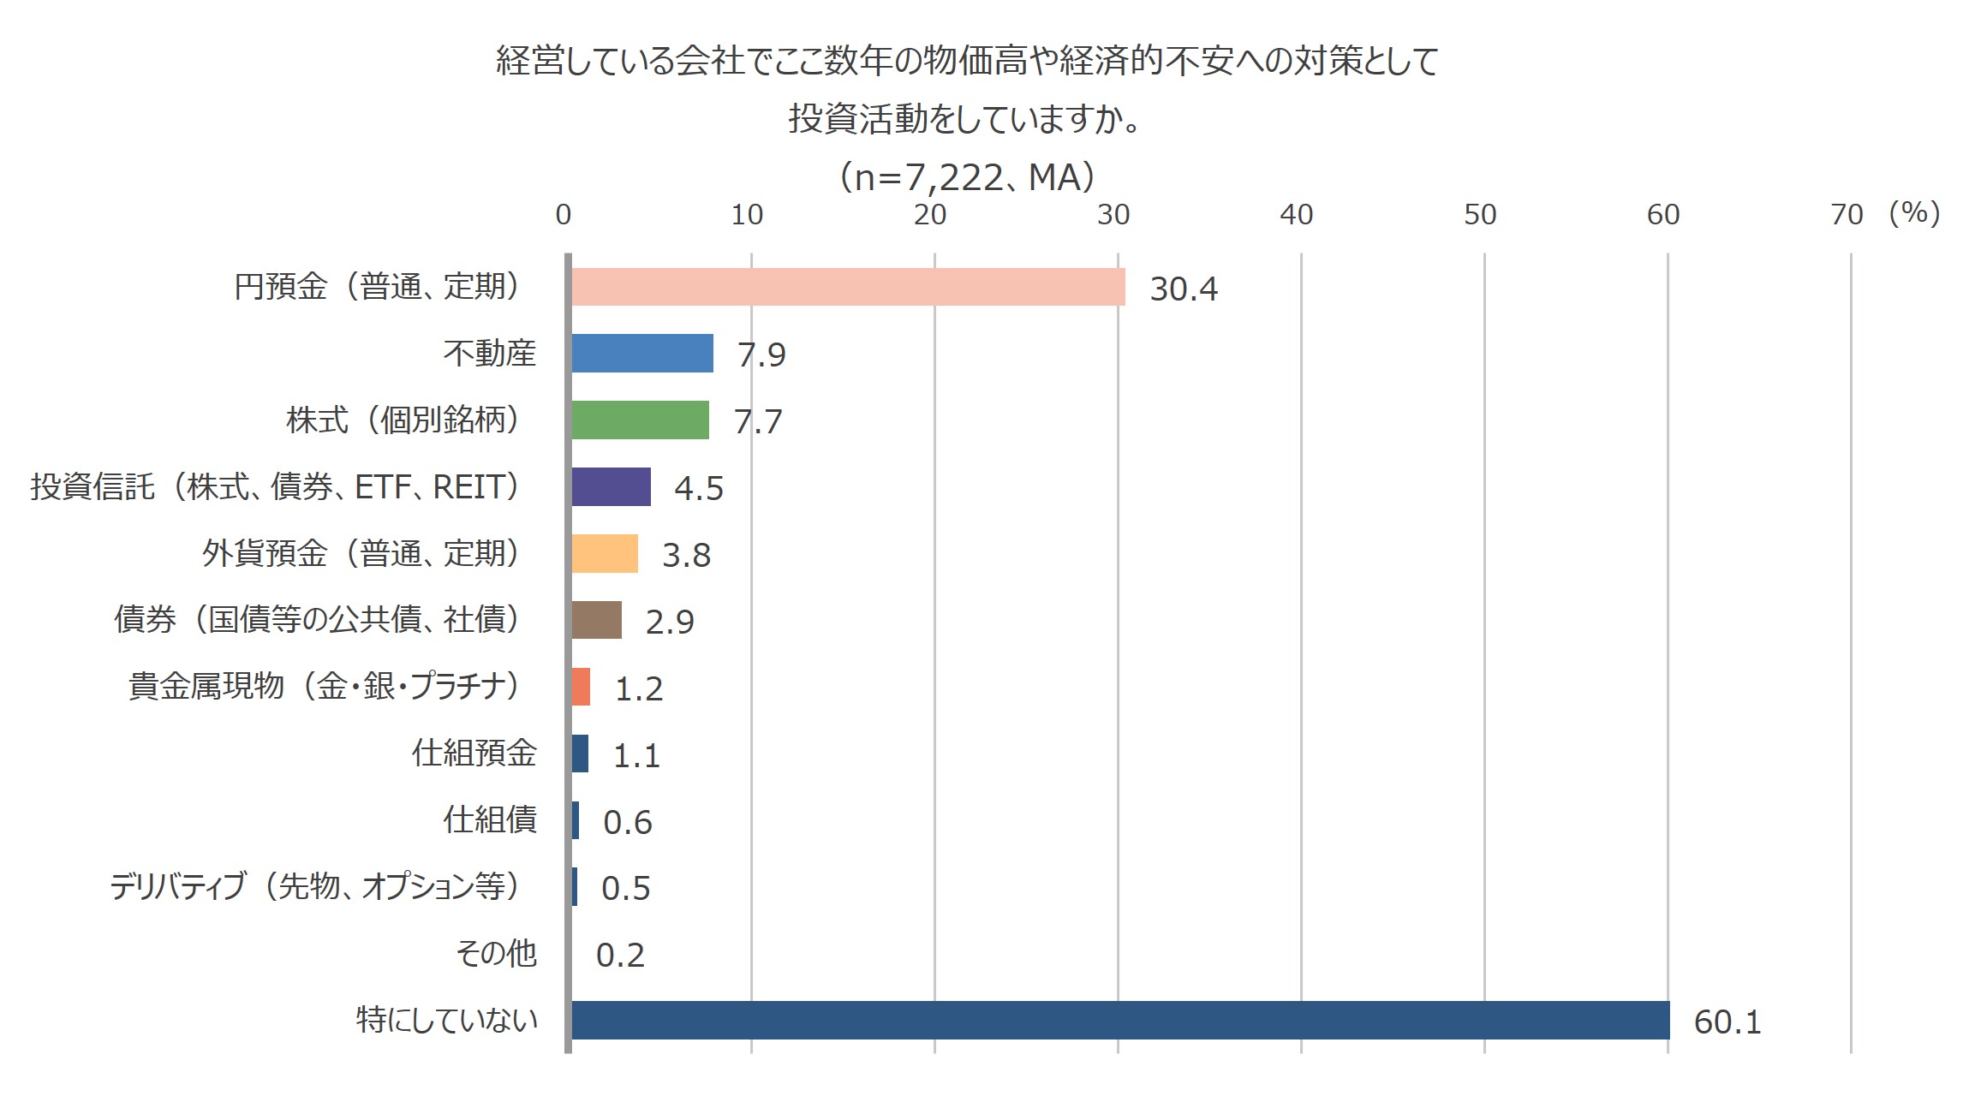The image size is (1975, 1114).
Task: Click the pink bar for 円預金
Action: click(848, 287)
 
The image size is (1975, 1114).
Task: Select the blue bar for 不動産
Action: click(642, 353)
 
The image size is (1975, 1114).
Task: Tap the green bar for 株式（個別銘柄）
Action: click(640, 420)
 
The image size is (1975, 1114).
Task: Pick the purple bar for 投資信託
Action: click(611, 486)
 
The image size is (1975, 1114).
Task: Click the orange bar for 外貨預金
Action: click(605, 553)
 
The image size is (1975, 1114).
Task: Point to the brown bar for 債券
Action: click(596, 620)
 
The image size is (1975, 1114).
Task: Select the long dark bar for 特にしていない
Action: click(1120, 1020)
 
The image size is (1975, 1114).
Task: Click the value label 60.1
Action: click(1727, 1022)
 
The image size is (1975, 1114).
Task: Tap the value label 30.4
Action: click(1183, 289)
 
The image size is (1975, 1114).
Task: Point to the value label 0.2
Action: click(620, 955)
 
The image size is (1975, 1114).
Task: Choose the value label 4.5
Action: click(699, 488)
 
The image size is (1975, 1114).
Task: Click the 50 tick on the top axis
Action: click(1479, 215)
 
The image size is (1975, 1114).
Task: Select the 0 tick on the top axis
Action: click(563, 215)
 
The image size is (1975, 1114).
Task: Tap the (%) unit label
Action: click(1914, 212)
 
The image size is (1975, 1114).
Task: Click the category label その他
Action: click(496, 953)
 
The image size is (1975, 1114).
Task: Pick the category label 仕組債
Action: click(490, 819)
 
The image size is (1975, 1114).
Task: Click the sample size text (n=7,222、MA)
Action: click(967, 177)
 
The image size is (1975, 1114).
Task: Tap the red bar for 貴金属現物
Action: click(581, 687)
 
